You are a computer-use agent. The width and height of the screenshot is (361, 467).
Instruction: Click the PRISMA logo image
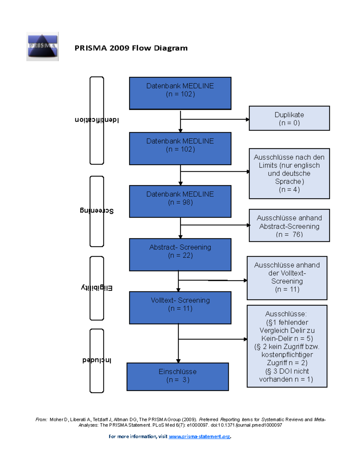click(42, 46)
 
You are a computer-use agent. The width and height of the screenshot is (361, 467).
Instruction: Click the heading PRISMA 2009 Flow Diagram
click(131, 48)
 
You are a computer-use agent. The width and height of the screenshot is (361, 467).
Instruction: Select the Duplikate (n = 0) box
click(289, 118)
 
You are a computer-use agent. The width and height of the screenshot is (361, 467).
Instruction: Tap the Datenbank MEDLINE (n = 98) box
click(180, 201)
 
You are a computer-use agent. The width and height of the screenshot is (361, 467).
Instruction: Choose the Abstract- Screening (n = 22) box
click(180, 254)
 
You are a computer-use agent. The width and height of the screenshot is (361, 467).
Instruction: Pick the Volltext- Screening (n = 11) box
click(180, 307)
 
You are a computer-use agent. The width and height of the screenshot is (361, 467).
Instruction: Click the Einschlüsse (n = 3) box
click(177, 376)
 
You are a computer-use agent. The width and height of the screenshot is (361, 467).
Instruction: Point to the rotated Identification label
click(97, 120)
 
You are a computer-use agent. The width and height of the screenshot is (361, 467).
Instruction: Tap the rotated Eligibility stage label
click(97, 288)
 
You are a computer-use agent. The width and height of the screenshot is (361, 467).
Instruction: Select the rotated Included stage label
click(97, 360)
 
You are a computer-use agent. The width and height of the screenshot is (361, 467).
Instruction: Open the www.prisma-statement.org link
click(199, 436)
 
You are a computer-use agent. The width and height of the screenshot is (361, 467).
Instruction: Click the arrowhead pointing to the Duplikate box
click(247, 119)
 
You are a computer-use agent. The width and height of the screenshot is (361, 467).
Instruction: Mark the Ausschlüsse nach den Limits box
click(289, 173)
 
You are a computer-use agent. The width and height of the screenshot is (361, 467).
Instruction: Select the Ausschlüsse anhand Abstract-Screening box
click(289, 226)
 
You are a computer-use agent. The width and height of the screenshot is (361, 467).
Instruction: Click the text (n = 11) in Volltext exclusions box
click(287, 289)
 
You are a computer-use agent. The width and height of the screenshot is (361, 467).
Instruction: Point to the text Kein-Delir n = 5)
click(287, 338)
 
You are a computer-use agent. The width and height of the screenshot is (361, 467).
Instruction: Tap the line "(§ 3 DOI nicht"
click(287, 371)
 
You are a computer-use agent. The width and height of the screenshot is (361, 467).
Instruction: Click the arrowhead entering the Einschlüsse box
click(178, 361)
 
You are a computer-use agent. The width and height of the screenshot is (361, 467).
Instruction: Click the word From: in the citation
click(41, 419)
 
